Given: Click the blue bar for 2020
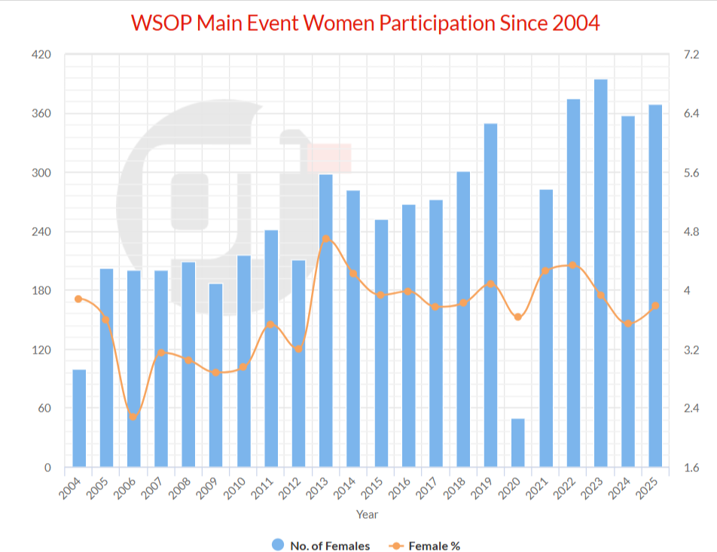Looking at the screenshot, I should coord(518,443).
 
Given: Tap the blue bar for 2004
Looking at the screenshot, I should coord(79,419).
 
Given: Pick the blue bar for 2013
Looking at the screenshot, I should coord(326,320).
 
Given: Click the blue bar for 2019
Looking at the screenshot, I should coord(490,295).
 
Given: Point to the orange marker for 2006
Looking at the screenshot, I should coord(133,417).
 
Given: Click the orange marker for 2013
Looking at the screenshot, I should coord(326,239).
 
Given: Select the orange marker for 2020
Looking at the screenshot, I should coord(518,317).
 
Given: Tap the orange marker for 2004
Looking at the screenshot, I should coord(78,299).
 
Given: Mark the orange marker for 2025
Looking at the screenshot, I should coord(655,305).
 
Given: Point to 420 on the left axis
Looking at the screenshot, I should coord(41,55).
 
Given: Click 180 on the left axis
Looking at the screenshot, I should coord(41,291).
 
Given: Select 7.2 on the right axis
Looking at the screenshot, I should coord(691,55).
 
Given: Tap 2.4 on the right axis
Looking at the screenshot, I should coord(691,409).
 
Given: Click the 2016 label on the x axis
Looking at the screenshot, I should coord(404,488).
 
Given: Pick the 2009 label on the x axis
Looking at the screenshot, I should coord(212,488).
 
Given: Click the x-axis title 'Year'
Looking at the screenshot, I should coord(367,514).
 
